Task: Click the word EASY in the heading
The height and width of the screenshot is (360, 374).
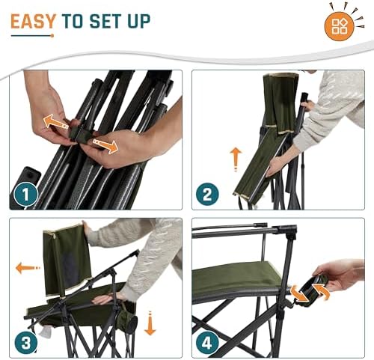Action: pos(34,21)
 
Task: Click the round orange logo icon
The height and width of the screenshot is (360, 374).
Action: pos(339,26)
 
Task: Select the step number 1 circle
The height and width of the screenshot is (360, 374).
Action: pos(27,195)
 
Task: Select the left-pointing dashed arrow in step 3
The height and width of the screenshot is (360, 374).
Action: pos(28,267)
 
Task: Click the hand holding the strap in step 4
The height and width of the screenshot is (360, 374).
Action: pos(340,275)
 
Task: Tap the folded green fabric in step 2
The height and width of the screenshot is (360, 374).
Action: pos(260,153)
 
